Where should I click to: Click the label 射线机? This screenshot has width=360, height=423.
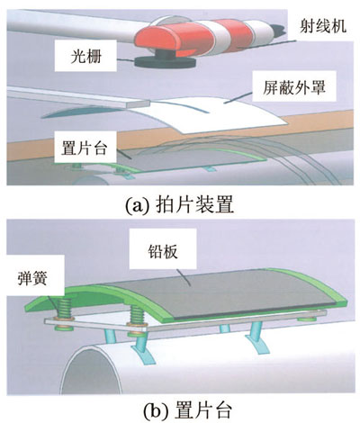(x=323, y=26)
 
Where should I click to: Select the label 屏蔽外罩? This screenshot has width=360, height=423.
(x=294, y=87)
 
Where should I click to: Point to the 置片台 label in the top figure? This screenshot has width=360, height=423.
(x=84, y=148)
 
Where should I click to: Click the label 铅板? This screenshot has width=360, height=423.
(x=163, y=252)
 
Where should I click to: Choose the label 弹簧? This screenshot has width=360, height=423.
(x=31, y=278)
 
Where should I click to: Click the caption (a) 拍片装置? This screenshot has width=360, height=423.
(x=179, y=205)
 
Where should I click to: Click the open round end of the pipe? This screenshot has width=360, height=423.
(x=92, y=371)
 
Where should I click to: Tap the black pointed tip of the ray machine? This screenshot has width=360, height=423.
(x=278, y=30)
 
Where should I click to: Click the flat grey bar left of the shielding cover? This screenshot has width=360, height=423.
(x=78, y=96)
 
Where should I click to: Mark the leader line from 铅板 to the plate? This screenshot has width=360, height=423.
(x=184, y=277)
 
